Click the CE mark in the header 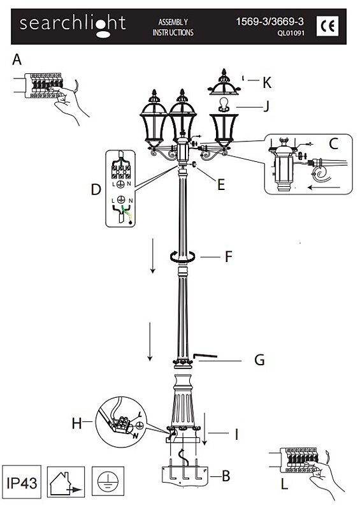click(328, 26)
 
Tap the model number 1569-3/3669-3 click(270, 22)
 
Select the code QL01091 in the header click(291, 33)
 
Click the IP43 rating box click(22, 482)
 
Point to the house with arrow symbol click(66, 482)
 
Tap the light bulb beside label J click(223, 105)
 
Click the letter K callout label click(267, 83)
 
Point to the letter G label click(259, 360)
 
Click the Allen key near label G click(205, 356)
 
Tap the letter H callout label click(76, 423)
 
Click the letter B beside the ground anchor click(226, 476)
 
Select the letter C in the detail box click(334, 143)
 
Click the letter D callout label click(96, 189)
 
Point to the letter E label click(221, 185)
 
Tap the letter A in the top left click(17, 59)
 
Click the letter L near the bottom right click(285, 484)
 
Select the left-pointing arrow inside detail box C click(324, 187)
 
